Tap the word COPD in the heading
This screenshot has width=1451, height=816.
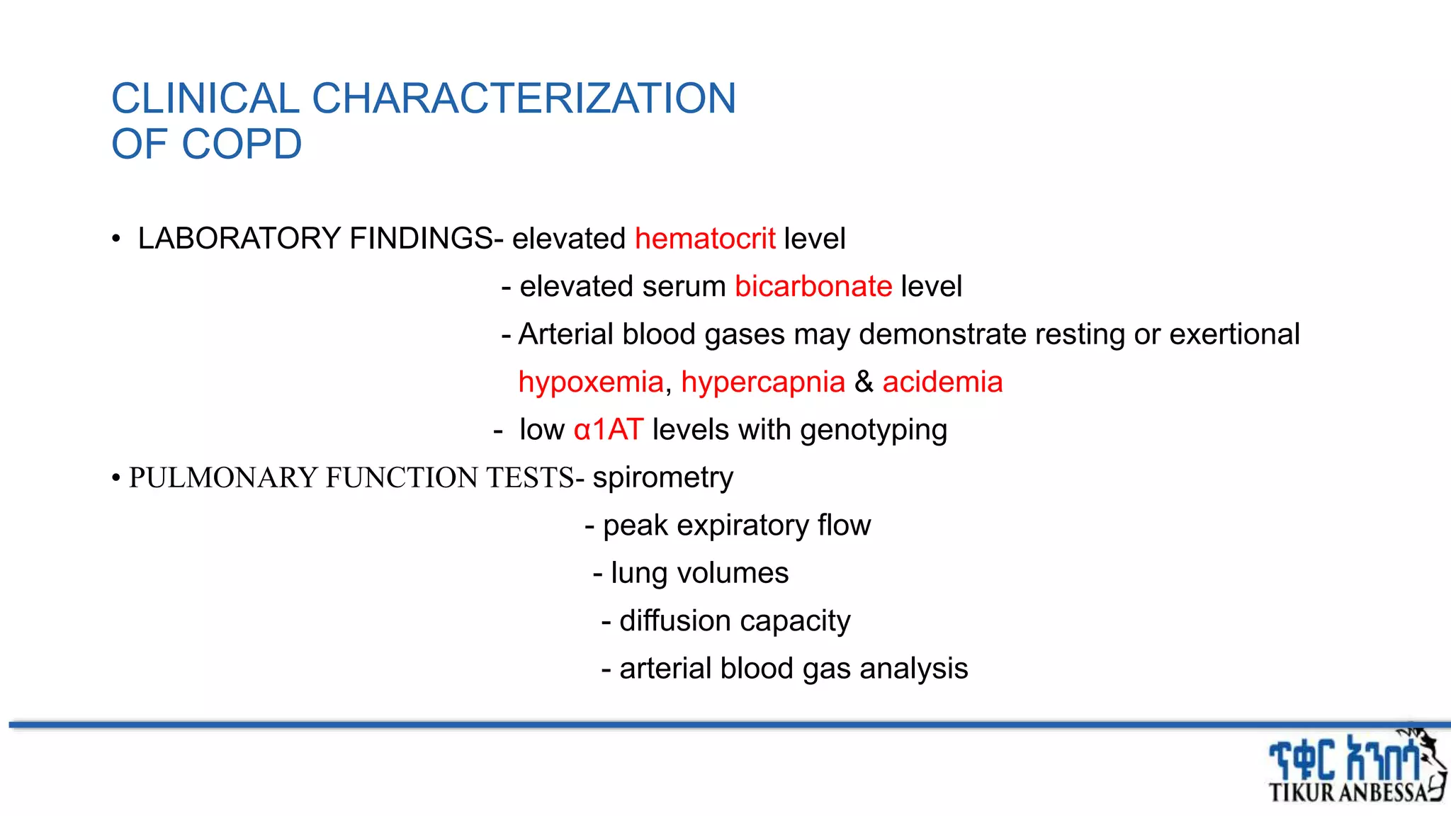click(x=242, y=144)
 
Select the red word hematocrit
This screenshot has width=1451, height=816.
click(x=705, y=239)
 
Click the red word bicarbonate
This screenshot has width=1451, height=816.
click(x=813, y=287)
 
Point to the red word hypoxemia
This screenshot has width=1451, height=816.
click(x=591, y=382)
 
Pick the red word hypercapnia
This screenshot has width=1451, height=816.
click(x=763, y=382)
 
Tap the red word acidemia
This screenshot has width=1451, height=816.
click(x=942, y=382)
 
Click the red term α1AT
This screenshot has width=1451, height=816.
click(x=609, y=430)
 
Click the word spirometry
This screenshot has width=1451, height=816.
click(x=662, y=478)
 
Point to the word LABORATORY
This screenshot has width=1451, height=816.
click(x=239, y=239)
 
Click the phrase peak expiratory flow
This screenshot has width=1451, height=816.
click(x=737, y=526)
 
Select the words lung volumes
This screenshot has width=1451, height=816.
click(x=699, y=573)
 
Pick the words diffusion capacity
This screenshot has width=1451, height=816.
click(x=735, y=621)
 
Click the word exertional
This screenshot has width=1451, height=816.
click(x=1234, y=334)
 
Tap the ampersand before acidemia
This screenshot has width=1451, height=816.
click(x=864, y=382)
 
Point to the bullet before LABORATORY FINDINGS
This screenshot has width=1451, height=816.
click(x=116, y=239)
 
